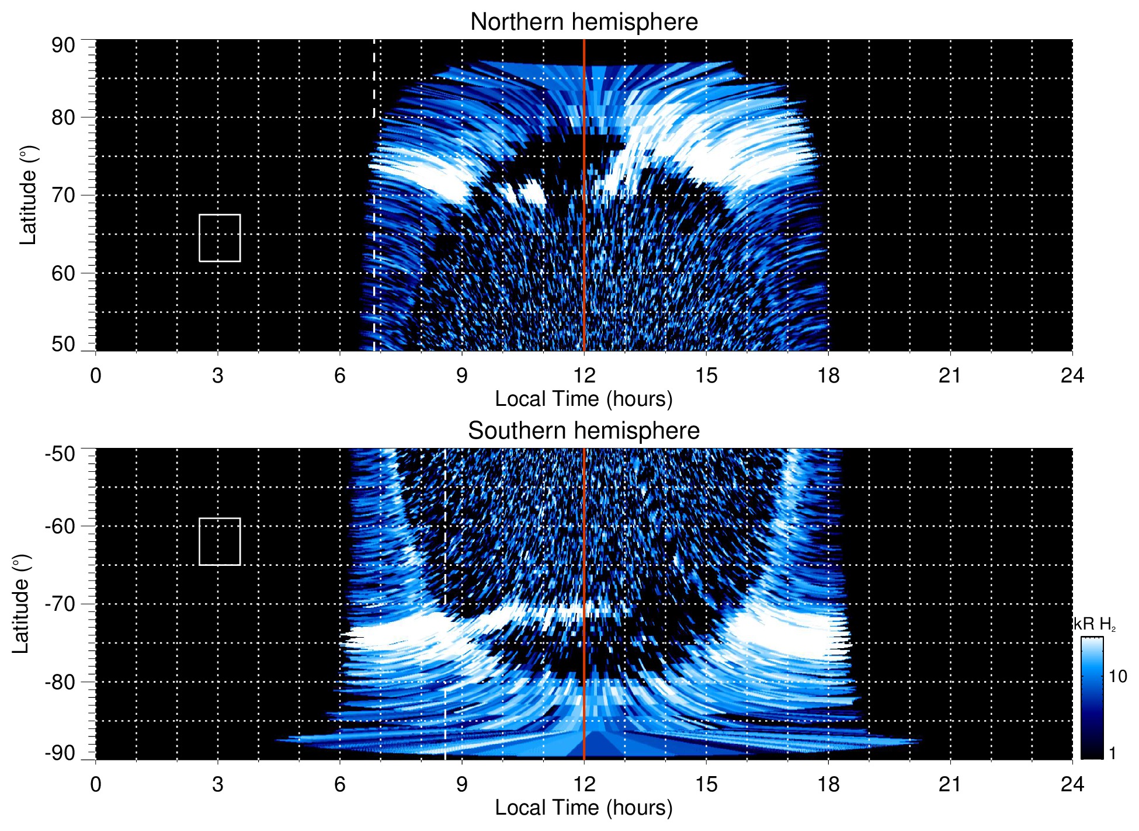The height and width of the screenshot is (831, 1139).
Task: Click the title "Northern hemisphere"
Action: (x=584, y=22)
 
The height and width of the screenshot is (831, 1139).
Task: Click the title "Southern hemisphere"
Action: (x=584, y=431)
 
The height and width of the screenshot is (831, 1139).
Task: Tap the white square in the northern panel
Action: (x=220, y=238)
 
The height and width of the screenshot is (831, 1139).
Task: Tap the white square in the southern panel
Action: (x=220, y=541)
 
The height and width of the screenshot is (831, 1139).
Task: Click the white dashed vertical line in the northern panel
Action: (x=374, y=76)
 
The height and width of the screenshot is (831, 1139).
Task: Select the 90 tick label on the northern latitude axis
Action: (x=63, y=46)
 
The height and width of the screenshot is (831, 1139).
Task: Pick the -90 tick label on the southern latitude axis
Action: (x=60, y=753)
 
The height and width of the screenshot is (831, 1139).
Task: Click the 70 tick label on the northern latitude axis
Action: (x=63, y=195)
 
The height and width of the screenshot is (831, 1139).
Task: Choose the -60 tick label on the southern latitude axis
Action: (x=60, y=526)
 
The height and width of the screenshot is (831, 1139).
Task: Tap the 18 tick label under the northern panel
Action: (x=828, y=375)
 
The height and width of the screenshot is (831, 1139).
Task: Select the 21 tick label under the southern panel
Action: (x=950, y=784)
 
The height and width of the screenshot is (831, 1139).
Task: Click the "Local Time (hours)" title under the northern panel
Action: (x=584, y=399)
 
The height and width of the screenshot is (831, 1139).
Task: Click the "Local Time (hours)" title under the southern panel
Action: (x=584, y=808)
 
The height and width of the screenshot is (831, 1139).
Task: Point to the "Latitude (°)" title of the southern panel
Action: (x=21, y=604)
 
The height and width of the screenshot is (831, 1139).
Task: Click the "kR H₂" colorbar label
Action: (x=1095, y=624)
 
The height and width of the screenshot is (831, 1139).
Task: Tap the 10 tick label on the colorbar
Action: (x=1117, y=676)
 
